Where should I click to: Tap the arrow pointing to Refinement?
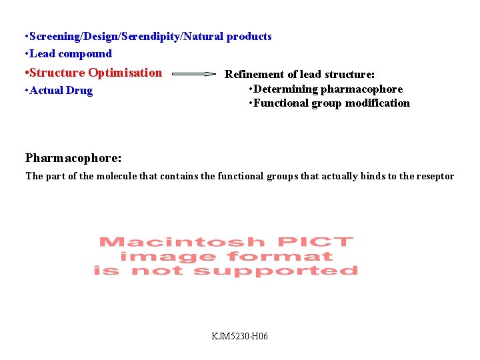193,75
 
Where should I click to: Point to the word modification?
377,103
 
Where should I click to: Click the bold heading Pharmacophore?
73,158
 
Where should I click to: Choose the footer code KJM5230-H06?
240,337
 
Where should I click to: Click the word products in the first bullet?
249,37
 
